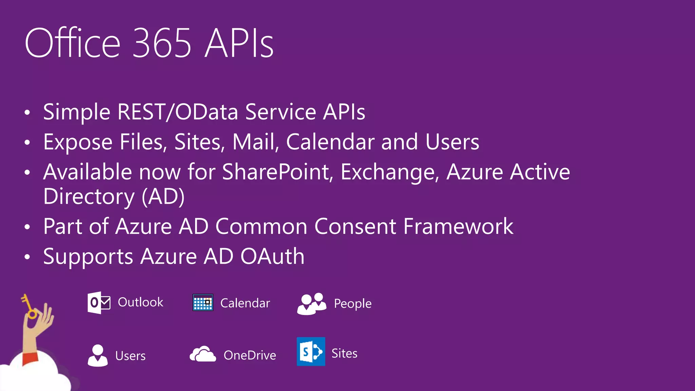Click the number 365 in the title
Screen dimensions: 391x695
click(x=162, y=43)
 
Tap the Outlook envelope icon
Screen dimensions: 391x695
click(x=99, y=302)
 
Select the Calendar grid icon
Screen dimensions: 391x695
click(x=203, y=302)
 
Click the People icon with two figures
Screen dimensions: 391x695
click(x=312, y=304)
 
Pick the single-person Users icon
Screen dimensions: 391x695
click(x=98, y=355)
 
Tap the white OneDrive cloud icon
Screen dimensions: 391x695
click(x=203, y=354)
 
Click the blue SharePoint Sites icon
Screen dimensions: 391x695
click(x=311, y=352)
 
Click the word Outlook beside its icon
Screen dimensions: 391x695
click(x=140, y=302)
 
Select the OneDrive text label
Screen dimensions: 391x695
click(x=250, y=355)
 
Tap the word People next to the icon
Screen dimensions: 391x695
click(x=353, y=303)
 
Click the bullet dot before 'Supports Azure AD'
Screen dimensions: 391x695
click(x=27, y=257)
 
